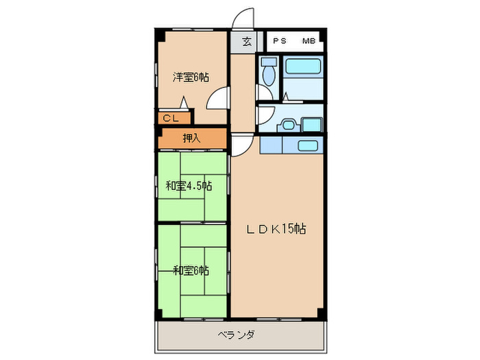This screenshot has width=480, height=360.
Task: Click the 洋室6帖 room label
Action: (190, 77)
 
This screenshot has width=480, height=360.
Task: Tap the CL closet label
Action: (171, 119)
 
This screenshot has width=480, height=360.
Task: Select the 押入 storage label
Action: (192, 138)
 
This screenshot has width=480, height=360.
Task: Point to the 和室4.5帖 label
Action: (188, 185)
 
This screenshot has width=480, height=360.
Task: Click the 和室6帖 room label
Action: (191, 270)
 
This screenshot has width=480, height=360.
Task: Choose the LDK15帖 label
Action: (276, 229)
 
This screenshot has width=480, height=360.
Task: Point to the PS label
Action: (280, 41)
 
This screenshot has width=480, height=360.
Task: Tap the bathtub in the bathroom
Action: (303, 68)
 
